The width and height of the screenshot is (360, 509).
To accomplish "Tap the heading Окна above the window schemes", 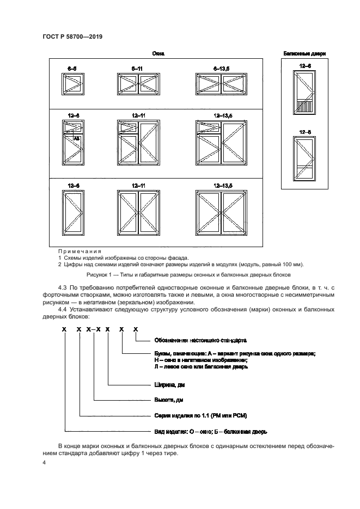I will coord(158,54).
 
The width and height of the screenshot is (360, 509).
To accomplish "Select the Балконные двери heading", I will coord(304,54).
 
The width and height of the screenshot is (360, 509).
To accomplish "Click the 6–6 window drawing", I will coord(72,84).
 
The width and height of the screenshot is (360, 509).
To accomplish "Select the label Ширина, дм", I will coord(170,385).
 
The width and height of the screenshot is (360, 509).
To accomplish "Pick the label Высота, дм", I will coord(169,400).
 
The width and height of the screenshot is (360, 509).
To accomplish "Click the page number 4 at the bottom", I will coord(44,462).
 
